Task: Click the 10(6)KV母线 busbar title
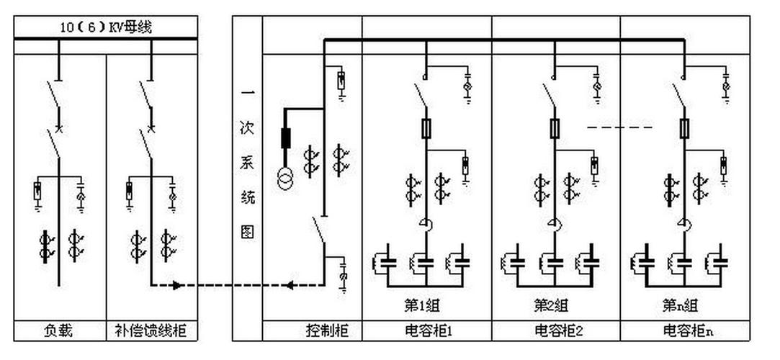coord(106,27)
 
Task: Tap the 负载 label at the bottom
coord(59,331)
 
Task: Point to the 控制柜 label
coord(328,331)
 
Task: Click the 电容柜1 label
coord(427,331)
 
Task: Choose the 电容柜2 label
coord(557,331)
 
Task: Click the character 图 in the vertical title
coord(246,233)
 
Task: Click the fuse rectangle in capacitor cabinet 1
coord(426,129)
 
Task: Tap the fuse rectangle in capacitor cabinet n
coord(684,129)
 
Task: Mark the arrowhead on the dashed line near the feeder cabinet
coord(174,286)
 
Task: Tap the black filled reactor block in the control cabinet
coord(285,138)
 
